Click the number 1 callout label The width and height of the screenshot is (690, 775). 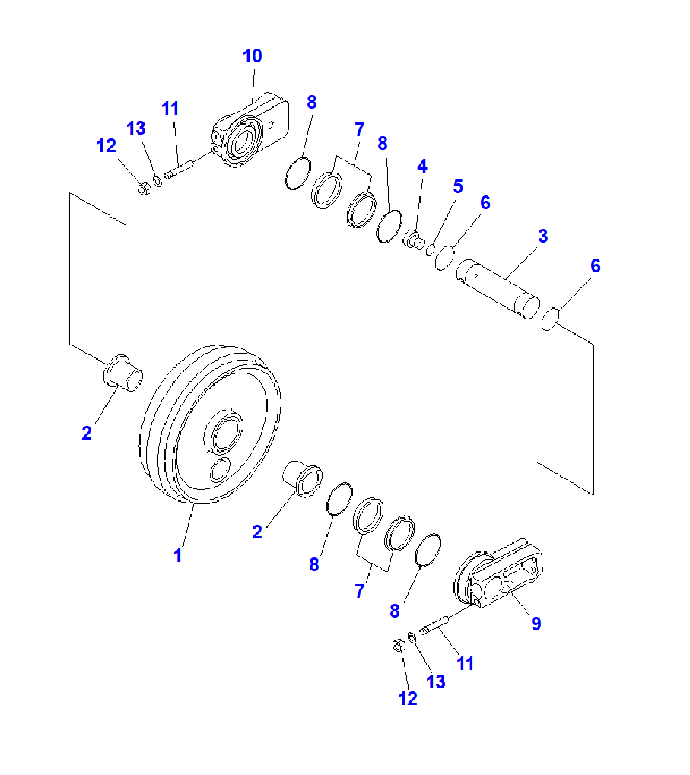pyautogui.click(x=177, y=556)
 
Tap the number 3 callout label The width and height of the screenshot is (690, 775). pyautogui.click(x=542, y=237)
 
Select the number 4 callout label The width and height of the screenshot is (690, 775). pyautogui.click(x=421, y=166)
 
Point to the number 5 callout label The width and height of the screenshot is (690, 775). pyautogui.click(x=458, y=186)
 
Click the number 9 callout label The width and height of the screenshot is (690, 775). pyautogui.click(x=536, y=624)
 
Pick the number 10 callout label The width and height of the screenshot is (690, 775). pyautogui.click(x=252, y=56)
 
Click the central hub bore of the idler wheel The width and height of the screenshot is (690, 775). pyautogui.click(x=226, y=435)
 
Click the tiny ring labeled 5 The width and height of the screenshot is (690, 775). pyautogui.click(x=431, y=249)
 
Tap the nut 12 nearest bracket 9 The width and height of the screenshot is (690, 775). pyautogui.click(x=397, y=646)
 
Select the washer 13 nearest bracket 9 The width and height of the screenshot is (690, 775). pyautogui.click(x=412, y=637)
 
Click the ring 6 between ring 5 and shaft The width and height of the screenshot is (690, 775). pyautogui.click(x=445, y=259)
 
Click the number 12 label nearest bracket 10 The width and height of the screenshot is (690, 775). pyautogui.click(x=107, y=146)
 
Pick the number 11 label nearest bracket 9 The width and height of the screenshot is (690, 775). pyautogui.click(x=465, y=664)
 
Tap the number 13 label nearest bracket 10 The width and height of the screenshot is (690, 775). pyautogui.click(x=136, y=129)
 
